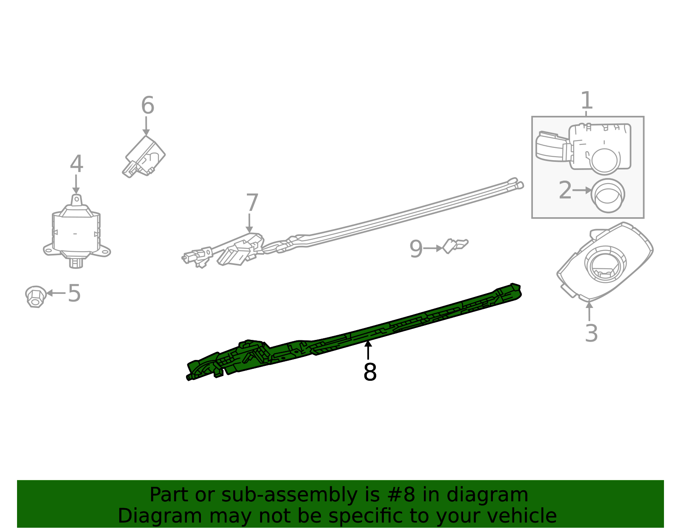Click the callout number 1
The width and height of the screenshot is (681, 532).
[587, 101]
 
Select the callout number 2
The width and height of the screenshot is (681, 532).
[565, 190]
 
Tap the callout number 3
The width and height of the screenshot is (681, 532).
[591, 333]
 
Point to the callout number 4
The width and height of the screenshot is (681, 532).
[76, 164]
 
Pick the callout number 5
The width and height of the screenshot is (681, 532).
[74, 293]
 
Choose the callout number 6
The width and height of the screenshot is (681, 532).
[147, 105]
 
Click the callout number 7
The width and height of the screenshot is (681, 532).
[252, 203]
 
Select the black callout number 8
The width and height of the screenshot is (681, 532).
[369, 372]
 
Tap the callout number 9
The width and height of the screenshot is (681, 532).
[416, 249]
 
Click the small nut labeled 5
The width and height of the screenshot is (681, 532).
[35, 296]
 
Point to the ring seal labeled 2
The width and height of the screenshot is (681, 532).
[608, 195]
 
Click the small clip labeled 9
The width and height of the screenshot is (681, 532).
[455, 246]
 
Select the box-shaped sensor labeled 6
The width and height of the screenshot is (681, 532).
[145, 156]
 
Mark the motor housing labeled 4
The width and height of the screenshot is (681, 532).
[76, 232]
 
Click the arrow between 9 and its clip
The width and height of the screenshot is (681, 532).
[433, 248]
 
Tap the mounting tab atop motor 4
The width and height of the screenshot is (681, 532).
[76, 200]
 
